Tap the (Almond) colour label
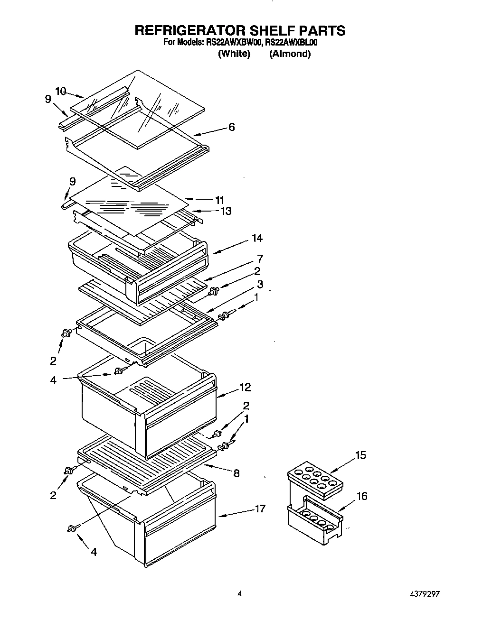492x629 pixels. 290,54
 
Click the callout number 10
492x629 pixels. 60,91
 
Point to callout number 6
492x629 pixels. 231,127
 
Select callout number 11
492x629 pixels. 219,200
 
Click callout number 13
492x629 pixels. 226,211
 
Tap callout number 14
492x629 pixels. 257,238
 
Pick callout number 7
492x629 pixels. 260,259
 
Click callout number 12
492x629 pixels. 245,387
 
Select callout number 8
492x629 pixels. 236,472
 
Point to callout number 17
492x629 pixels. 260,509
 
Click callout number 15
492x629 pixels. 361,455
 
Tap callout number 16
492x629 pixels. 362,496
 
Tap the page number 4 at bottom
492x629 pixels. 240,593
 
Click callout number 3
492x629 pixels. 260,285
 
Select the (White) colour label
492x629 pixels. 234,54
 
